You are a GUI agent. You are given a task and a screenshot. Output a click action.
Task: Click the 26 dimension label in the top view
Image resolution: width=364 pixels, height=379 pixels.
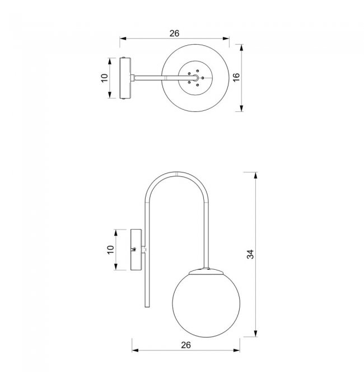(174, 34)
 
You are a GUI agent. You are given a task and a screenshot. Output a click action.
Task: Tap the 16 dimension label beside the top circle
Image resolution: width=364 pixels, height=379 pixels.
(236, 77)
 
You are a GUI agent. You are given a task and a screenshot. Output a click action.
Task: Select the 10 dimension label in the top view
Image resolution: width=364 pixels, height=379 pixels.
(104, 78)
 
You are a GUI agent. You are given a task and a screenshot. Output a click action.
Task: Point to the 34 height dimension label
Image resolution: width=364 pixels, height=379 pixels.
(250, 254)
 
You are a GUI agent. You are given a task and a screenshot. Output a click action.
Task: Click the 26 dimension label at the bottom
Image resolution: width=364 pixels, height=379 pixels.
(186, 345)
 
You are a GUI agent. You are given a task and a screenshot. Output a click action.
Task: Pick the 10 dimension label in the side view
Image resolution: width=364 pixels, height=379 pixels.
(110, 250)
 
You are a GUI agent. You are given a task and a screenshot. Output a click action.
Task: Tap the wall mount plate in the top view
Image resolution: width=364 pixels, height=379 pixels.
(125, 78)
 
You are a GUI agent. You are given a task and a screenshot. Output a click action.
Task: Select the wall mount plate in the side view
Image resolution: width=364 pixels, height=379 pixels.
(137, 250)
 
